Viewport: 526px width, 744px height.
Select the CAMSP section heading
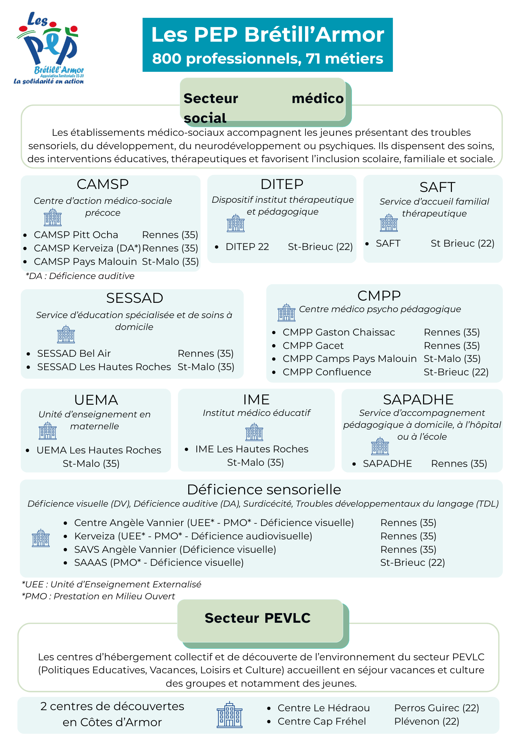(103, 184)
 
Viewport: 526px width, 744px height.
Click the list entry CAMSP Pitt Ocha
(76, 235)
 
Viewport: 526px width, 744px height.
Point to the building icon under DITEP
(236, 223)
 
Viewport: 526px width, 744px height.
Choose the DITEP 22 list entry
(247, 247)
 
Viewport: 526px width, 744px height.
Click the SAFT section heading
(437, 187)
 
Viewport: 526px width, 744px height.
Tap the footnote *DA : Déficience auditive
(80, 276)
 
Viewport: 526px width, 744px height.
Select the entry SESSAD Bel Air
(74, 353)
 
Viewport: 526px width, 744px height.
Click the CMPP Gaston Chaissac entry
(339, 332)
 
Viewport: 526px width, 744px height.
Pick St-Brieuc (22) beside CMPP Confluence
(456, 372)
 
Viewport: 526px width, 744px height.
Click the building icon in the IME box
(254, 432)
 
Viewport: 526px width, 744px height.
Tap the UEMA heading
(96, 400)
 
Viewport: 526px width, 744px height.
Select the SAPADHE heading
(418, 400)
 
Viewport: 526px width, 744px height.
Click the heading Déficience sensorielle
(264, 490)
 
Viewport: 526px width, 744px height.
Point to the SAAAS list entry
(159, 562)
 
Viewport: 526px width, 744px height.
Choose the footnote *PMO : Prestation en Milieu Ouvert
(99, 596)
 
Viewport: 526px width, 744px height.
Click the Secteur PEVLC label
(257, 618)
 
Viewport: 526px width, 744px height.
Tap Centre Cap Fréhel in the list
(322, 721)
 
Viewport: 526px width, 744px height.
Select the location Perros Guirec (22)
(436, 708)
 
